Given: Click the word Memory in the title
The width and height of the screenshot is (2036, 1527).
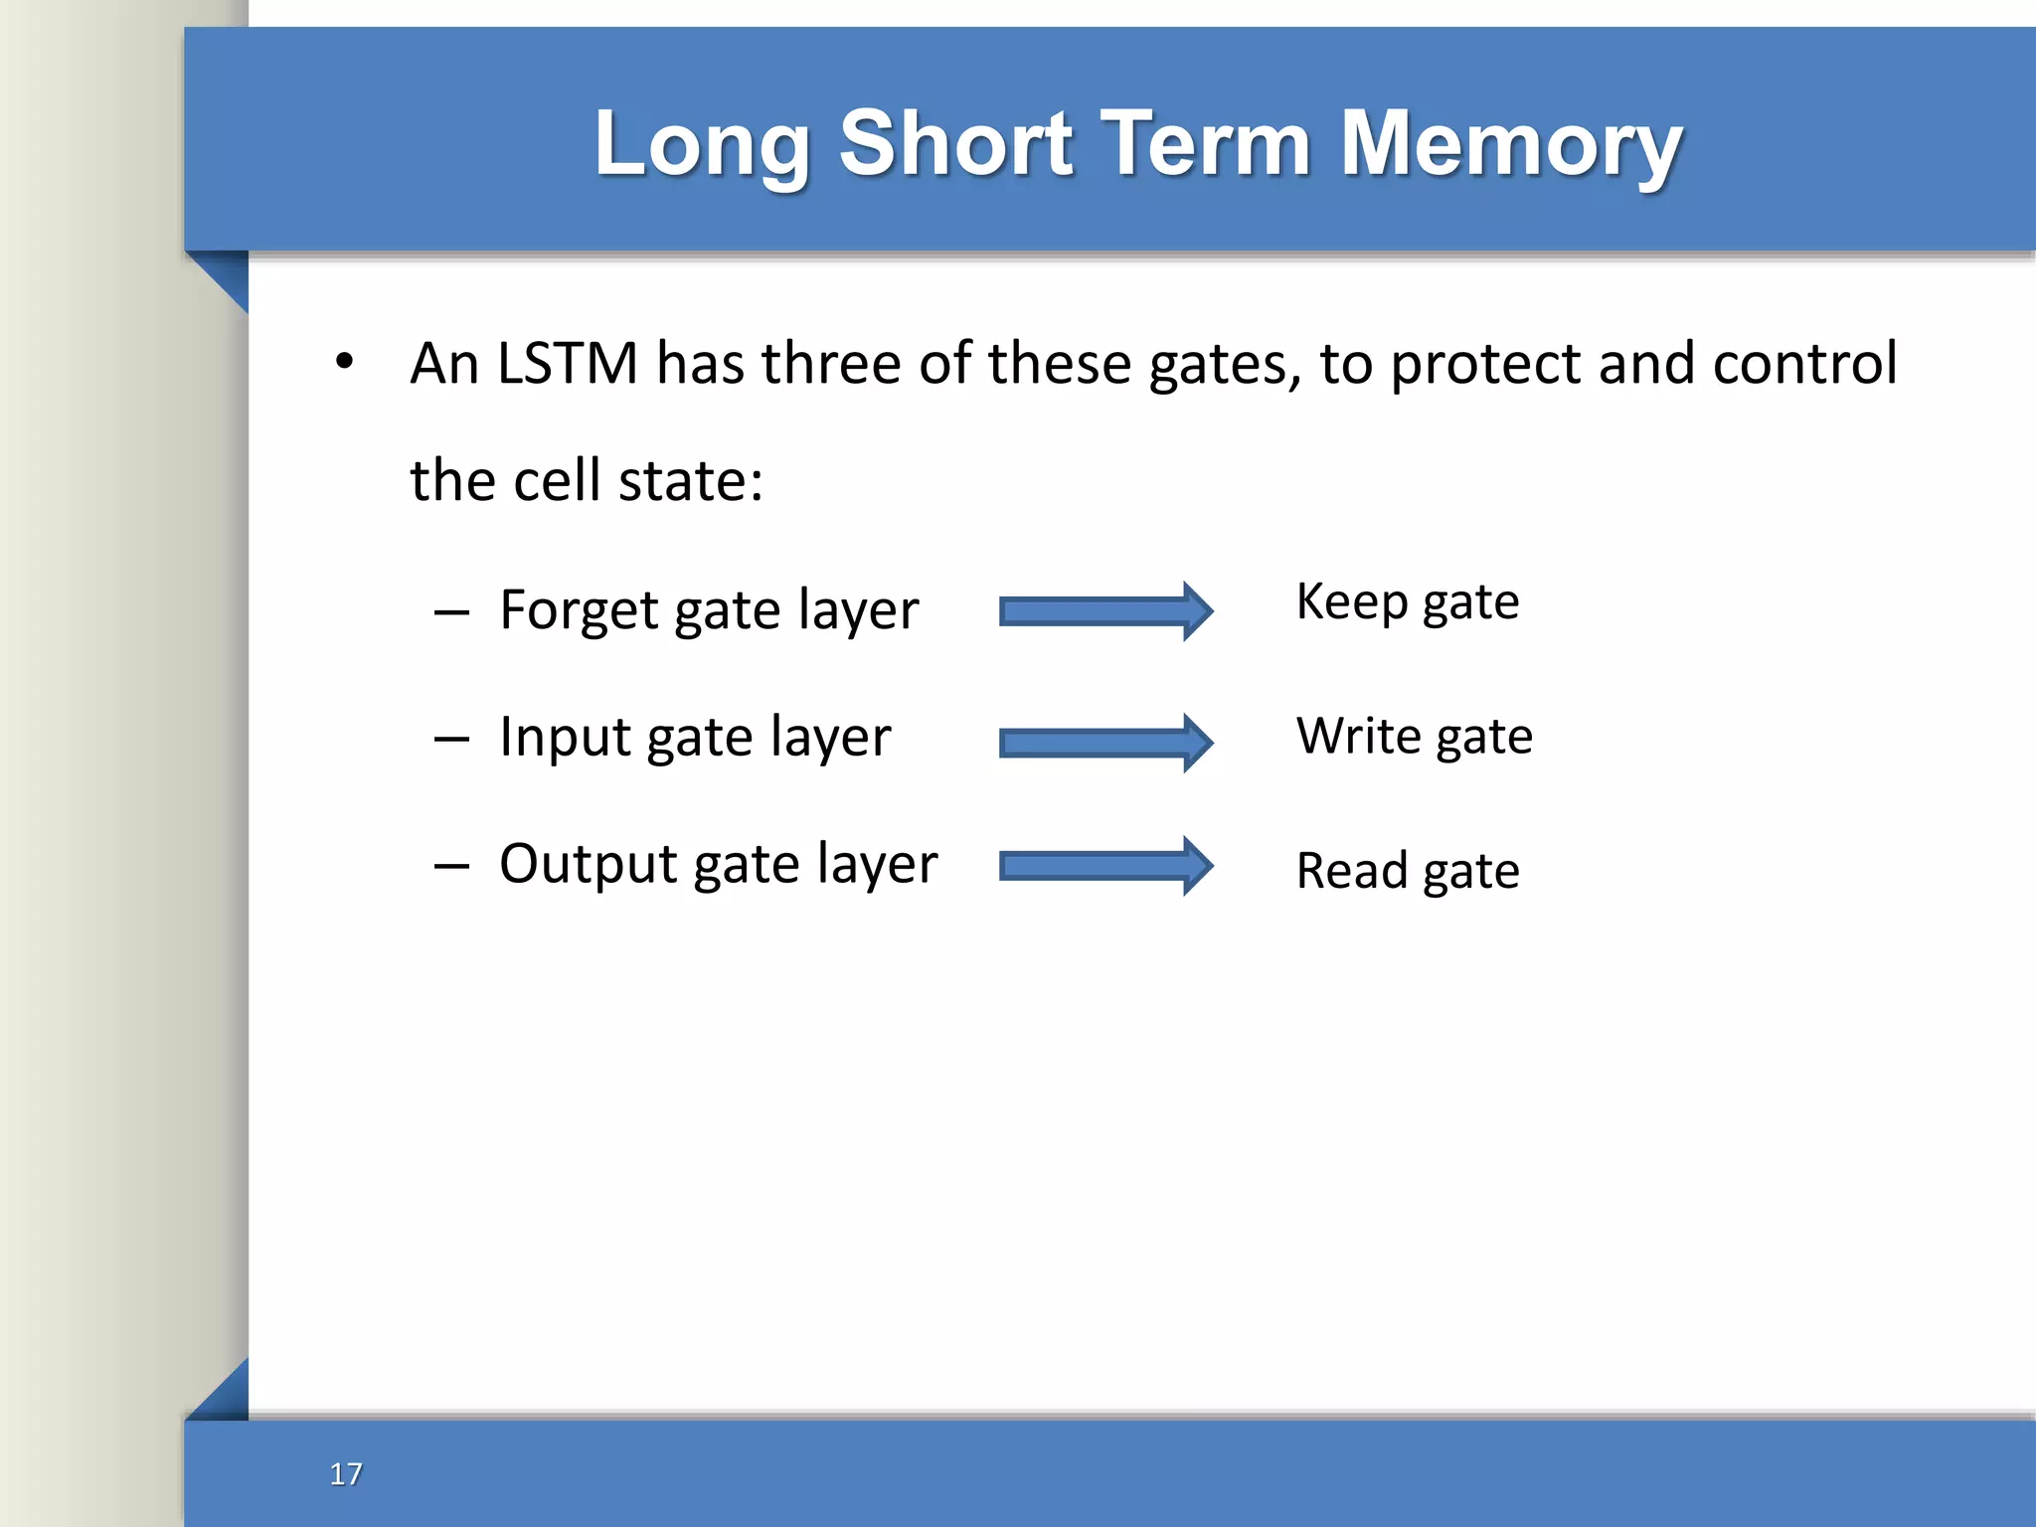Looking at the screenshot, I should [1511, 144].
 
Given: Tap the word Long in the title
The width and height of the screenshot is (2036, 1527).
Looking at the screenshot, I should [702, 144].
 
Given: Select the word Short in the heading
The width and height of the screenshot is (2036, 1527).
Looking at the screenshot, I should [955, 144].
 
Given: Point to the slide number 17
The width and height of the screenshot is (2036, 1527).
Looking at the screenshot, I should [346, 1473].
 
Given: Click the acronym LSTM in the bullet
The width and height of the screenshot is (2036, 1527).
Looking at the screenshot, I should [567, 363].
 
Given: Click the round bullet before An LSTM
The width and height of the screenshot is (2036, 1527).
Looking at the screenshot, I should [344, 362].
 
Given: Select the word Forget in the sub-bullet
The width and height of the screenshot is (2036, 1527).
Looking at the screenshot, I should [579, 609].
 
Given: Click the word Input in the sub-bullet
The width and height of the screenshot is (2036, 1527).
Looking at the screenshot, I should [565, 738].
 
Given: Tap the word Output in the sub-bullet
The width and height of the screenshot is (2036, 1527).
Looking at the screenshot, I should [588, 864].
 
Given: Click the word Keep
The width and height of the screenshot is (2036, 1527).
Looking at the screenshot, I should [1352, 602].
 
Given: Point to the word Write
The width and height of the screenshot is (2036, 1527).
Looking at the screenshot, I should [1359, 737].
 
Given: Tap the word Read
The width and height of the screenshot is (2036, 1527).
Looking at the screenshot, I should [1352, 872].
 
